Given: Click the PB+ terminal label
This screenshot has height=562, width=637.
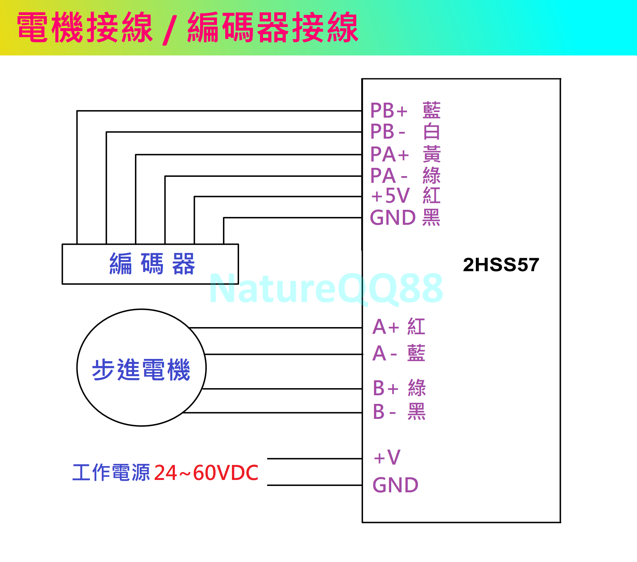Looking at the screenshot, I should (x=389, y=111).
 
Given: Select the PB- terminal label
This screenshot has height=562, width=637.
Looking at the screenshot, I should (x=387, y=132).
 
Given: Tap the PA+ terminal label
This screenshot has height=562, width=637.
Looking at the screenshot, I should (x=389, y=154).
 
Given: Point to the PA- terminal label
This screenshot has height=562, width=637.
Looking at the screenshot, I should (x=388, y=176).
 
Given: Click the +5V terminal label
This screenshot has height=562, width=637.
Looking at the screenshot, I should (x=390, y=196).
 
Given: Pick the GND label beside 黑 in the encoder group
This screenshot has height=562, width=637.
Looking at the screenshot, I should (x=393, y=218).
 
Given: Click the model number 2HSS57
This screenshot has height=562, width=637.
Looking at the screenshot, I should (x=501, y=265).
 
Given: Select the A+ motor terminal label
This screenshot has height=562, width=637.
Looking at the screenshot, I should (x=386, y=327).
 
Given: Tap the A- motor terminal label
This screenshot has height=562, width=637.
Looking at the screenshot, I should (x=384, y=354).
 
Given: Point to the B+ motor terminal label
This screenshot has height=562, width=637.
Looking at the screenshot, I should (x=385, y=388).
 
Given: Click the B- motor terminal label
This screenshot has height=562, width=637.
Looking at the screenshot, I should (x=384, y=412).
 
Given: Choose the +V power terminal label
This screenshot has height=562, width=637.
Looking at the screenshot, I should (x=387, y=457).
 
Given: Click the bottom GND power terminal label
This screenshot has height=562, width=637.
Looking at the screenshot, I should (x=395, y=485).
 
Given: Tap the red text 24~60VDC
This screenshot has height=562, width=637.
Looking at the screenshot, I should (x=206, y=473).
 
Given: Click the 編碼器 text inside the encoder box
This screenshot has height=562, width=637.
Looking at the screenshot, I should (x=152, y=264).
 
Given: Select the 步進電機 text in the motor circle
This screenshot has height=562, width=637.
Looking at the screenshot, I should (x=141, y=370).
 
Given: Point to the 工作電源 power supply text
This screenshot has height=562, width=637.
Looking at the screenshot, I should (x=111, y=472).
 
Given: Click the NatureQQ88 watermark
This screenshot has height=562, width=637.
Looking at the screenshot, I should (x=326, y=288).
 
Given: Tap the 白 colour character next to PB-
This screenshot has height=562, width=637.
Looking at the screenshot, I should (x=431, y=132).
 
